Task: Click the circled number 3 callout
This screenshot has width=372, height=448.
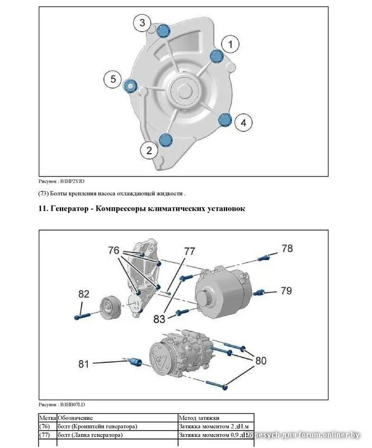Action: tap(142, 23)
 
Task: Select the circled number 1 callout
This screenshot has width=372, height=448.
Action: tap(230, 43)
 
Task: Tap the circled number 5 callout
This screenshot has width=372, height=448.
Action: tap(112, 80)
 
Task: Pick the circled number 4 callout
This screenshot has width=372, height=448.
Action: tap(243, 122)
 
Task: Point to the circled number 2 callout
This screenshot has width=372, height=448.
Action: tap(149, 150)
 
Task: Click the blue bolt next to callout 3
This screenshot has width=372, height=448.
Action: tap(163, 31)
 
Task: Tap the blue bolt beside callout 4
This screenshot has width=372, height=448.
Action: tap(224, 119)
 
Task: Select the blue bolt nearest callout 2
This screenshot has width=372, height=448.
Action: tap(165, 139)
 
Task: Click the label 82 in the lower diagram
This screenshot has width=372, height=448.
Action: tap(84, 294)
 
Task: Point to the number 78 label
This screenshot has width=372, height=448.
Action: tap(286, 249)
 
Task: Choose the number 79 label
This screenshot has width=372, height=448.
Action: tap(286, 291)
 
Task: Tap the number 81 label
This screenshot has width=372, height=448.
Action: tap(84, 364)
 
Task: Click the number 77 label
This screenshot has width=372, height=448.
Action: tap(190, 251)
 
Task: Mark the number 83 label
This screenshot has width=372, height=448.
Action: tap(159, 319)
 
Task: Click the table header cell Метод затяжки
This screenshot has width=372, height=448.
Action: tap(199, 418)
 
